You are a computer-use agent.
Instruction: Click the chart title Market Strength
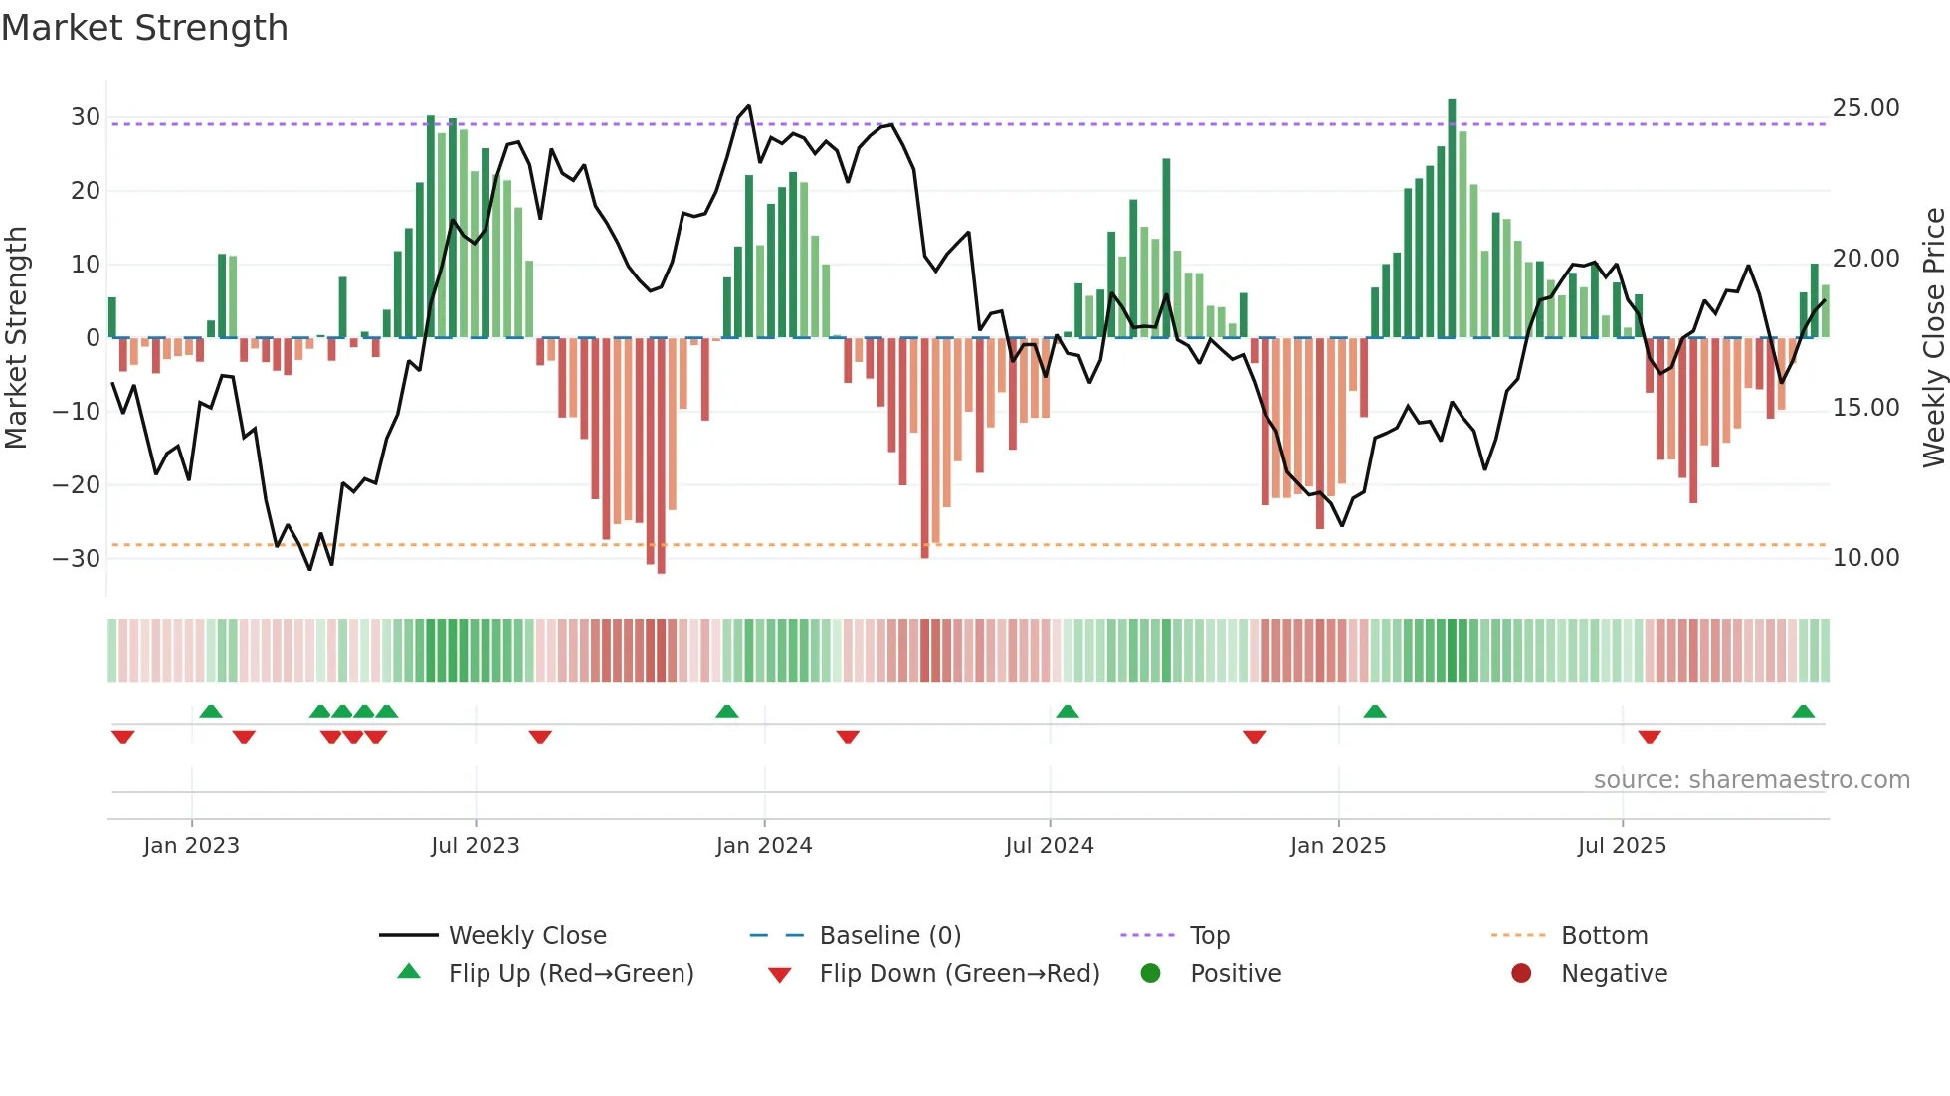pyautogui.click(x=144, y=28)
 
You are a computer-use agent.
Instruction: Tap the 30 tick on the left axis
pyautogui.click(x=85, y=117)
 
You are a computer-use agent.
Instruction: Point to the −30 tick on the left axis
pyautogui.click(x=77, y=558)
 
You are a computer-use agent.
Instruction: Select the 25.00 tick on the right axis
pyautogui.click(x=1865, y=108)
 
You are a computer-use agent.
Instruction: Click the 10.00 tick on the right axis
pyautogui.click(x=1865, y=558)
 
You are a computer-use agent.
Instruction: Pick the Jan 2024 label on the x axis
pyautogui.click(x=763, y=846)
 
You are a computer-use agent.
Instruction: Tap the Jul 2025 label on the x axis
pyautogui.click(x=1621, y=846)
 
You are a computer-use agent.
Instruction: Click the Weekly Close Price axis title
pyautogui.click(x=1933, y=338)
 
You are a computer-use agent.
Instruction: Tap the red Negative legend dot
pyautogui.click(x=1520, y=974)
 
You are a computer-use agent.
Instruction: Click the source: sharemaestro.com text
pyautogui.click(x=1751, y=780)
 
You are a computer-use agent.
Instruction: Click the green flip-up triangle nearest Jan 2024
pyautogui.click(x=727, y=712)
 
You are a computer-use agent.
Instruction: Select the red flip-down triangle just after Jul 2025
pyautogui.click(x=1649, y=737)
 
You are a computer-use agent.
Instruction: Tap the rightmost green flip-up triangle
pyautogui.click(x=1803, y=712)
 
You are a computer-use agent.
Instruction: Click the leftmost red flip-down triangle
pyautogui.click(x=122, y=737)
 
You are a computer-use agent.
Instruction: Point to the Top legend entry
pyautogui.click(x=1209, y=936)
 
